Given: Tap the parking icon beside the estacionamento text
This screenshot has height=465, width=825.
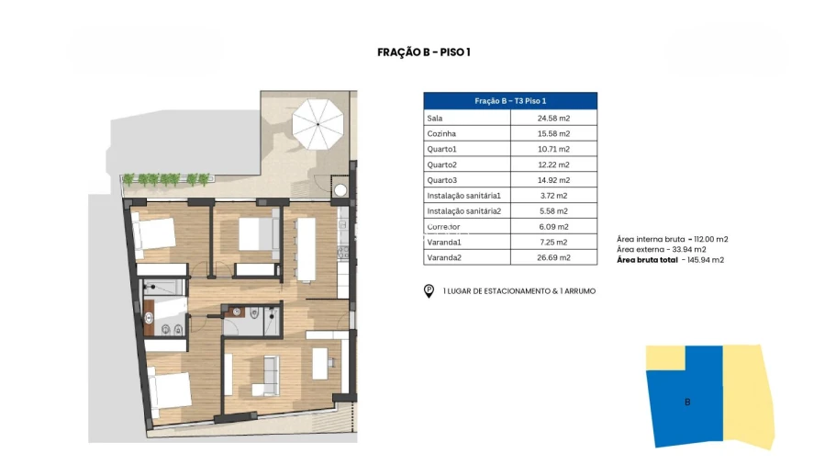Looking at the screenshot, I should [429, 291].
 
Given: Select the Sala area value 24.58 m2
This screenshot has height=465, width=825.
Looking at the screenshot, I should [553, 118].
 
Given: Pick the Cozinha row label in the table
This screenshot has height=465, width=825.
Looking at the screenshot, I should [441, 133].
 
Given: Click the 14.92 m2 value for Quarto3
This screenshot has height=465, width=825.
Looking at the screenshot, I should [553, 180].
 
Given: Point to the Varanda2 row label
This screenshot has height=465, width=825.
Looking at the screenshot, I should [445, 257].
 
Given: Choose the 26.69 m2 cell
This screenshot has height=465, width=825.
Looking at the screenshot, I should [553, 257].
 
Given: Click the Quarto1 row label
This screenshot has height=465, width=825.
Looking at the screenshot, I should [441, 149].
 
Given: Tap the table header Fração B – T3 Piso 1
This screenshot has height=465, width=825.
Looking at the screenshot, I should [510, 101].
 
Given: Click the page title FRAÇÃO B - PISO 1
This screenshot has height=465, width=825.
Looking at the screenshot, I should [424, 52].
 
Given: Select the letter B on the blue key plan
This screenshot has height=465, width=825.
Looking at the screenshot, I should [687, 402].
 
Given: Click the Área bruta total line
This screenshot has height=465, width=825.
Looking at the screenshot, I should [670, 260].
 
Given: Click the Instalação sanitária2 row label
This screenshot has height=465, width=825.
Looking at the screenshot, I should [463, 210].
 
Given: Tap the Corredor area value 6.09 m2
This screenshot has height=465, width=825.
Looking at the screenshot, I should [553, 226].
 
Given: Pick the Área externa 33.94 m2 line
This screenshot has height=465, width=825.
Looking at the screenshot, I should [661, 249].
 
